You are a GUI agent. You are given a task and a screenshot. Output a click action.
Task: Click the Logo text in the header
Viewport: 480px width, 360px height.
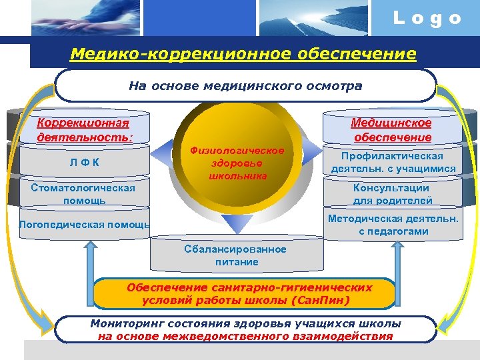point(427,19)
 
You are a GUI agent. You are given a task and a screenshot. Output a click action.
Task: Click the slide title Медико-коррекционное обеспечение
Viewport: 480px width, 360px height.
point(243,53)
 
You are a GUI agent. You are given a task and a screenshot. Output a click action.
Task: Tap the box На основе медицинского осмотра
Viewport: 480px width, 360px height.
point(245,86)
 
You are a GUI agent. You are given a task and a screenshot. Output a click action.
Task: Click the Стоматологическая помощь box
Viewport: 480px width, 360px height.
point(83,193)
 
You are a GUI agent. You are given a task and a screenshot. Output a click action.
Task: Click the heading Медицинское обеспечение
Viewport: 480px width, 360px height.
point(392,129)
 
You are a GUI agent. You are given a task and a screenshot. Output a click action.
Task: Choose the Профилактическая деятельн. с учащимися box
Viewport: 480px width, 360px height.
point(393,162)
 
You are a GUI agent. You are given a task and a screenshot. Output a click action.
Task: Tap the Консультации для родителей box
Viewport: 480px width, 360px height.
point(392,193)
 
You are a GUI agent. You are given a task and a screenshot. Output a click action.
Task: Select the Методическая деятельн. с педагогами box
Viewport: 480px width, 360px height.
point(393,225)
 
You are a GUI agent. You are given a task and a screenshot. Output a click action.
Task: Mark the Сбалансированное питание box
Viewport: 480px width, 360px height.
point(237,255)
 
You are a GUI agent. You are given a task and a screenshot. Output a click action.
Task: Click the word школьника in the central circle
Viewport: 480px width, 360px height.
point(237,176)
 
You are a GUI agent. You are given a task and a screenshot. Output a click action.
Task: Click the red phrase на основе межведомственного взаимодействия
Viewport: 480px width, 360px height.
point(245,336)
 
